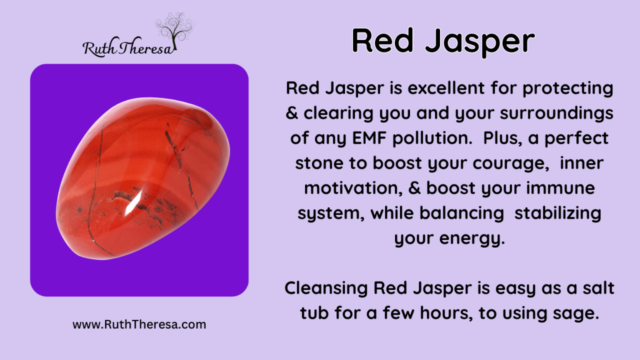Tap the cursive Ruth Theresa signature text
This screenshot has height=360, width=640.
click(129, 47)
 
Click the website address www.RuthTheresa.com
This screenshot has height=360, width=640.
click(139, 324)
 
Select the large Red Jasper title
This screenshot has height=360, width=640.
click(443, 41)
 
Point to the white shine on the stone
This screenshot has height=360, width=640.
click(134, 202)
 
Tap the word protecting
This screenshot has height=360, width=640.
click(567, 89)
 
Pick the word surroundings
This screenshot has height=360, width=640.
click(556, 114)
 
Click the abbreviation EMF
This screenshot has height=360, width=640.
click(369, 138)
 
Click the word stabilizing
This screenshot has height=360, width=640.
click(557, 214)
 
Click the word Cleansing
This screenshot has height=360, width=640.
click(326, 289)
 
